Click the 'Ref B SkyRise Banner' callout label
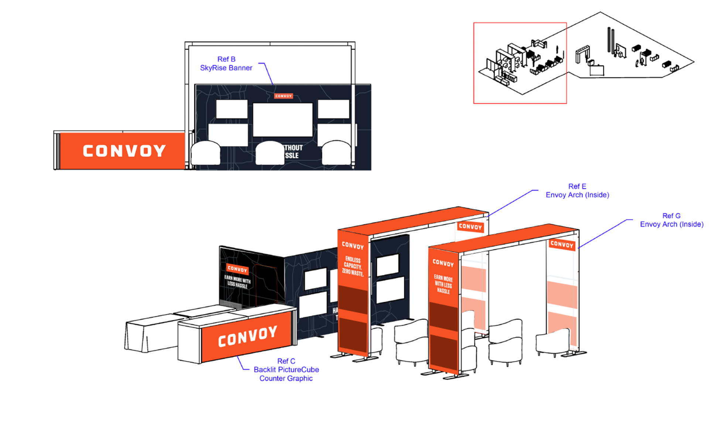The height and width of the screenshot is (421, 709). (x=226, y=64)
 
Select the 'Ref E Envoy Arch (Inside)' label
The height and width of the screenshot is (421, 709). (x=577, y=191)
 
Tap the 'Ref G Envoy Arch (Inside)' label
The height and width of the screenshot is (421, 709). (x=671, y=220)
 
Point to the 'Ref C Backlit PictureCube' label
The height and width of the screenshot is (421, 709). (x=286, y=370)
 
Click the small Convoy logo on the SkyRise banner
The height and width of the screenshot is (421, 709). (x=283, y=96)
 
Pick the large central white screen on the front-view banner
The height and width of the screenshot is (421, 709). (x=282, y=120)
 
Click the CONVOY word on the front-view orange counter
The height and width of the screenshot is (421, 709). (x=124, y=151)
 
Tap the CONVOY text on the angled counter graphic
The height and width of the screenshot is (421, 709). (x=247, y=336)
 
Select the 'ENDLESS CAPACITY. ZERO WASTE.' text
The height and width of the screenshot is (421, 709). (x=352, y=266)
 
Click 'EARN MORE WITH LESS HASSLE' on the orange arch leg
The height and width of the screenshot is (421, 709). (x=443, y=284)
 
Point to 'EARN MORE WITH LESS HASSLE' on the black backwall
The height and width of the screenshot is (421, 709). (x=237, y=282)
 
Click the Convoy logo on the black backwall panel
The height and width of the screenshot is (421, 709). (x=237, y=269)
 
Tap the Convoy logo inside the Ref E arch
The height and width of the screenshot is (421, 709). (x=470, y=227)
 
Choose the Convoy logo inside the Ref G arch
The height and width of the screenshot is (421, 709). (x=562, y=244)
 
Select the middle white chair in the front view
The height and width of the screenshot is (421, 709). (x=270, y=153)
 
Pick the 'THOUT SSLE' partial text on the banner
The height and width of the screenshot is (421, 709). (x=293, y=152)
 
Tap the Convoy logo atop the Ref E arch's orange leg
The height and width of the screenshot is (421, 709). (x=353, y=245)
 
